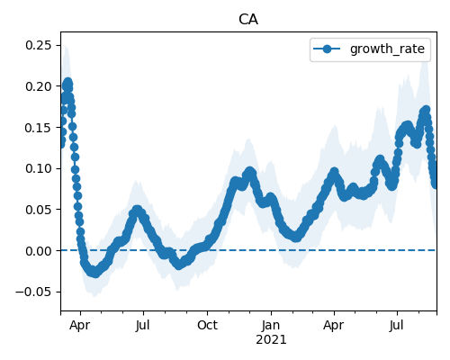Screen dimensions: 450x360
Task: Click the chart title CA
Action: coord(248,20)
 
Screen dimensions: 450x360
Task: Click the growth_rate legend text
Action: coord(387,49)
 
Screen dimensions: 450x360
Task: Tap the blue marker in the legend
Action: coord(327,49)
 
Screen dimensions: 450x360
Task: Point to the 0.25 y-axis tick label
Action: coord(39,45)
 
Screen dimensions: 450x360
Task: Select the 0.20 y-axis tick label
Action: coord(39,86)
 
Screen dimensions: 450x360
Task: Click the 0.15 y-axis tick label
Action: coord(39,128)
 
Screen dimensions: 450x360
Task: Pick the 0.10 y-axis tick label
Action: coord(39,168)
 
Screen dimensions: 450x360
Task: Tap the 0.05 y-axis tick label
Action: coord(39,210)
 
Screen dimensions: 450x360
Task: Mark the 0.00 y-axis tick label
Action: coord(39,250)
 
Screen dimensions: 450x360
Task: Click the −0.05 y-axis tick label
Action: coord(34,292)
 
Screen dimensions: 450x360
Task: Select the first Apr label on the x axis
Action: coord(79,325)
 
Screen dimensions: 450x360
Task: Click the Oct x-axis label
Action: coord(207,325)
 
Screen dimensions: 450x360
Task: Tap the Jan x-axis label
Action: coord(271,325)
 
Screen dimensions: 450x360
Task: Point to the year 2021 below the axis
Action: coord(271,339)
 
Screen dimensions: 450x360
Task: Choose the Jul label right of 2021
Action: coord(396,325)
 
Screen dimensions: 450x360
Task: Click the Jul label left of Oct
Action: coord(142,325)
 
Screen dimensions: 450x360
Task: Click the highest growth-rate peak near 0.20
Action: coord(68,82)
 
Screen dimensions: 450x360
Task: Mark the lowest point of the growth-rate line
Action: coord(95,273)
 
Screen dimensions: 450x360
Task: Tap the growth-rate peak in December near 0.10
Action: coord(249,172)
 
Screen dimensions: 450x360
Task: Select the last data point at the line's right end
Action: coord(435,184)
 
